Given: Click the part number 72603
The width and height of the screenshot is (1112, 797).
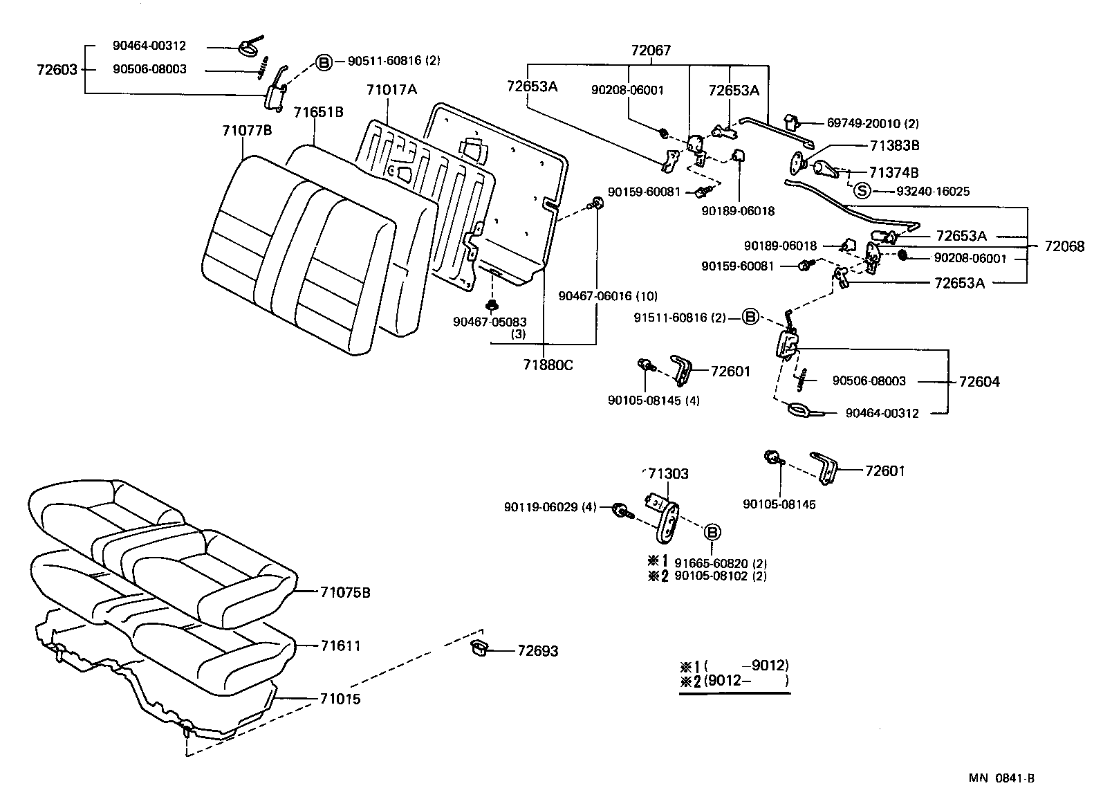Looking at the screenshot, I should click(x=57, y=70).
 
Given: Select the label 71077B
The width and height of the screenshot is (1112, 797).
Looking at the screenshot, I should click(x=247, y=130).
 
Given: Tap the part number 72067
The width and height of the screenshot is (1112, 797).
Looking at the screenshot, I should click(x=650, y=51).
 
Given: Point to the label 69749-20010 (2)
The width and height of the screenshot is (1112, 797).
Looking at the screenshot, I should click(x=873, y=124).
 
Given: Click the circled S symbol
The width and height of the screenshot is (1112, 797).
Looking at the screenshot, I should click(x=861, y=190).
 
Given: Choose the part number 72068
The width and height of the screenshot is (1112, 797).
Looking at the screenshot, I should click(x=1064, y=246).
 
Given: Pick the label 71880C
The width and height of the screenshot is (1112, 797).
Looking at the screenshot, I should click(x=548, y=365).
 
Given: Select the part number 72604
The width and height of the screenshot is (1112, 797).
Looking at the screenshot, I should click(x=979, y=382).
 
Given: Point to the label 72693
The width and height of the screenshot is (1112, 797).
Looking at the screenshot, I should click(x=537, y=651).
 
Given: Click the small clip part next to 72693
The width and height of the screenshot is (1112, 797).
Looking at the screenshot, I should click(x=479, y=647).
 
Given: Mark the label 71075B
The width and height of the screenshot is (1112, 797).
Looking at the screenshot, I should click(x=345, y=593).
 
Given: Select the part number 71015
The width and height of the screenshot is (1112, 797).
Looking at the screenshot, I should click(x=340, y=699).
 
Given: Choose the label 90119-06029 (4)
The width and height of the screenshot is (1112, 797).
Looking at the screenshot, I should click(x=550, y=508).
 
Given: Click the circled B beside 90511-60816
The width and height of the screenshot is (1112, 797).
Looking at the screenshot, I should click(x=324, y=62).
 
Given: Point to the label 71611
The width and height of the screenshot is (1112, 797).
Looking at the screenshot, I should click(x=340, y=646).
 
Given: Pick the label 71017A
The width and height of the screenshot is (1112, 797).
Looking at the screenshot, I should click(x=392, y=90).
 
